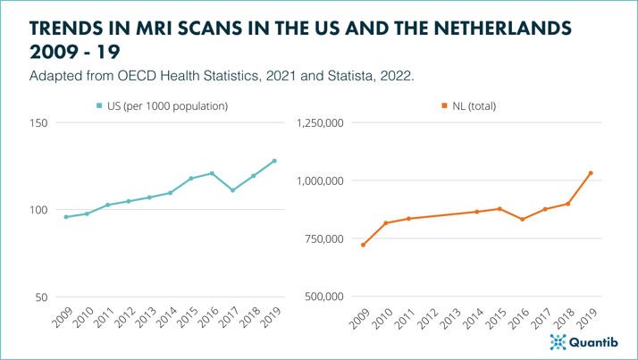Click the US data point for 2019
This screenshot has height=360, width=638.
pos(274,161)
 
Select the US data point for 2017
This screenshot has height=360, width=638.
pos(232,190)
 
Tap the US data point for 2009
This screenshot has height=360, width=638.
pos(65,217)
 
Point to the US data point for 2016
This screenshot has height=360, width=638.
pos(212,173)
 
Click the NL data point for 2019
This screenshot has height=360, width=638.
pos(591,173)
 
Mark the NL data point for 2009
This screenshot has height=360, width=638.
pos(363,245)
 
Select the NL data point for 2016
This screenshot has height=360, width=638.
pos(523,219)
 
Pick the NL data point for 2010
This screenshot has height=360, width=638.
pos(386,223)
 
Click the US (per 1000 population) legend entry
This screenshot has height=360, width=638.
pos(162,106)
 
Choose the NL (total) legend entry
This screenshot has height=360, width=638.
pos(468,106)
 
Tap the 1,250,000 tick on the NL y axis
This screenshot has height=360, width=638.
pos(319,122)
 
